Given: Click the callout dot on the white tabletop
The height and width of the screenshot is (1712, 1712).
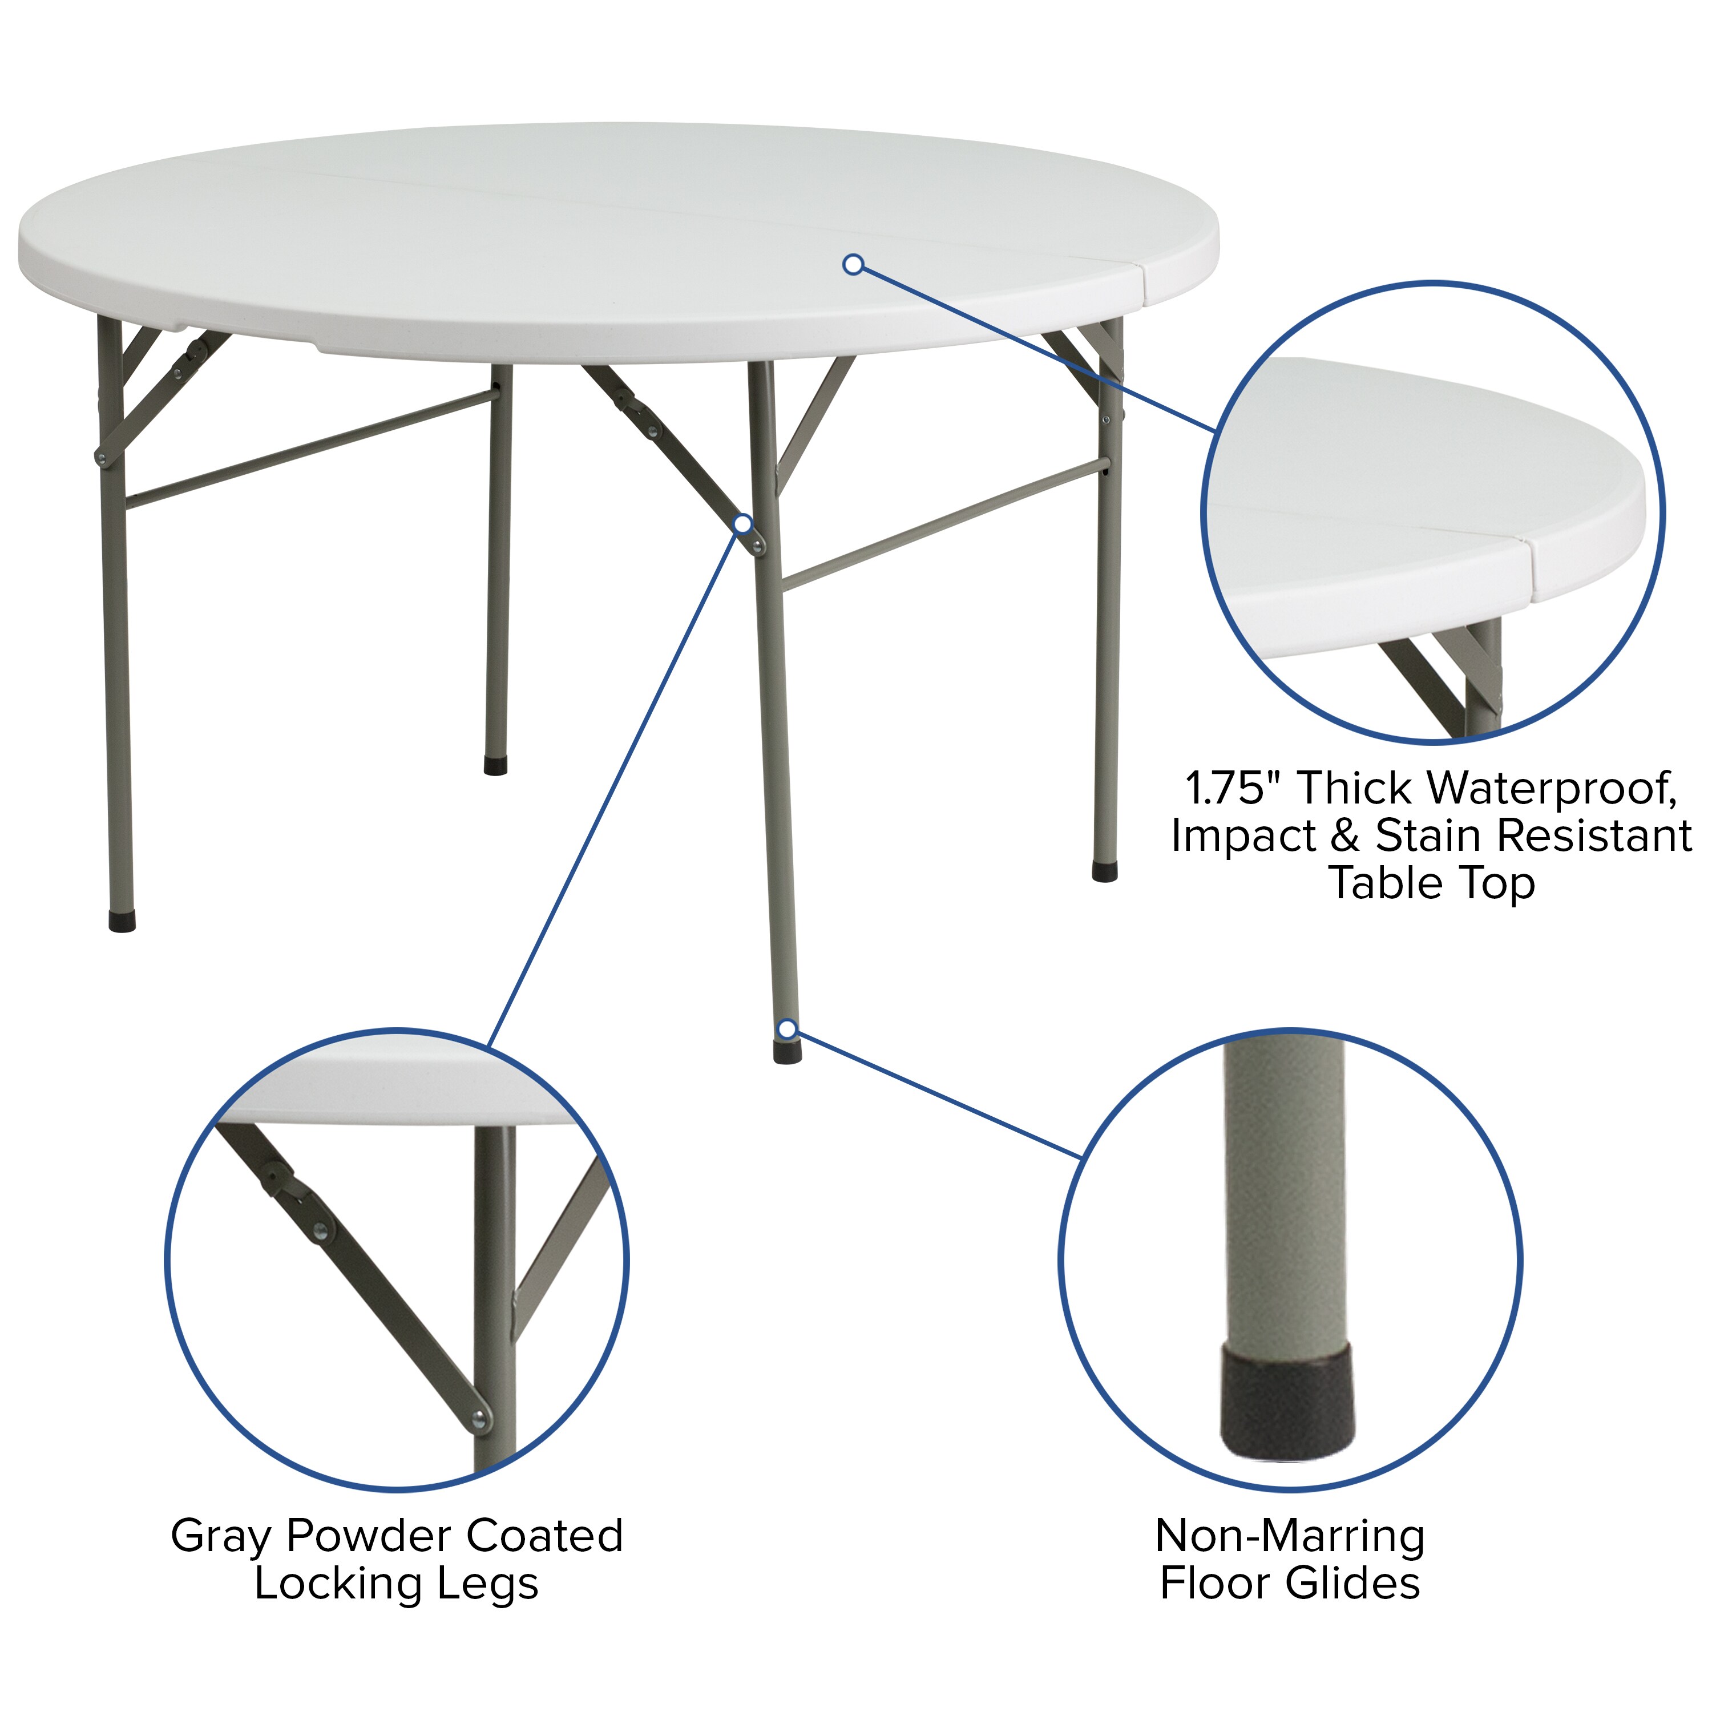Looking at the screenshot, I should click(x=853, y=264).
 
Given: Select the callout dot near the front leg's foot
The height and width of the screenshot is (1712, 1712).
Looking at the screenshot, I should click(x=786, y=1029).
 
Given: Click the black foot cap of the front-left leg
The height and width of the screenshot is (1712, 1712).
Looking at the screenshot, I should click(x=122, y=920).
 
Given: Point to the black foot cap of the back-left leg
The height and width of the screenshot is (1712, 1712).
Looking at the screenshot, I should click(x=495, y=766).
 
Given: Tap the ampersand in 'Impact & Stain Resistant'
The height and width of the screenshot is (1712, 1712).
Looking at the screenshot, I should click(x=1344, y=835).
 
